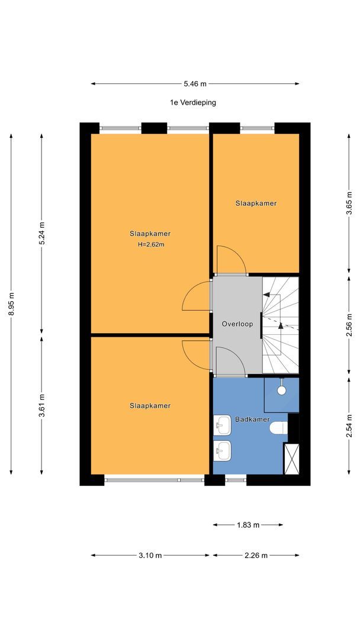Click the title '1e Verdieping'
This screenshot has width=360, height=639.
pos(193,103)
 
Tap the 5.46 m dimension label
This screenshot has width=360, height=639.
pos(195,84)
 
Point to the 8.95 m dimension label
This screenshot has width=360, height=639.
pos(11,304)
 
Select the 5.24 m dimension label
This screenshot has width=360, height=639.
pos(41,233)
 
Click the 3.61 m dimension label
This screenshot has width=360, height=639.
pos(41,405)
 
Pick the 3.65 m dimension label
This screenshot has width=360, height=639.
pos(349,202)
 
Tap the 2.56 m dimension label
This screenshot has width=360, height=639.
pos(349,325)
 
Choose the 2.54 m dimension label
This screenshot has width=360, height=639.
pos(349,425)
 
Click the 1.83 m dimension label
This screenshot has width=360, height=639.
pos(248,525)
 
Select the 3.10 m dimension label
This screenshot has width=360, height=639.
pos(150,556)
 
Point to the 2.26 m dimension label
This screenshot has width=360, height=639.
pos(256,556)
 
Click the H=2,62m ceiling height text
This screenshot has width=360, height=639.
pos(151,245)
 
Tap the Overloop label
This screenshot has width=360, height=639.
pos(237,324)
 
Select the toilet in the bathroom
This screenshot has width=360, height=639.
pos(279,428)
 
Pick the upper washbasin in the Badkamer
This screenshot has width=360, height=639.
pos(222,425)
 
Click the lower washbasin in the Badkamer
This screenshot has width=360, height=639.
pos(222,450)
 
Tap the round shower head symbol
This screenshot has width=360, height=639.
pos(281,390)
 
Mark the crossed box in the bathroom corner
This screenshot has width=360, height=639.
pos(291,459)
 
